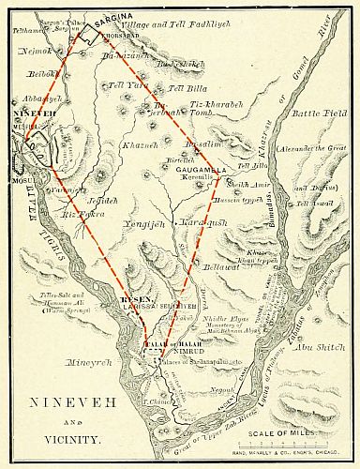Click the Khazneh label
141,146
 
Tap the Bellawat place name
221,266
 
